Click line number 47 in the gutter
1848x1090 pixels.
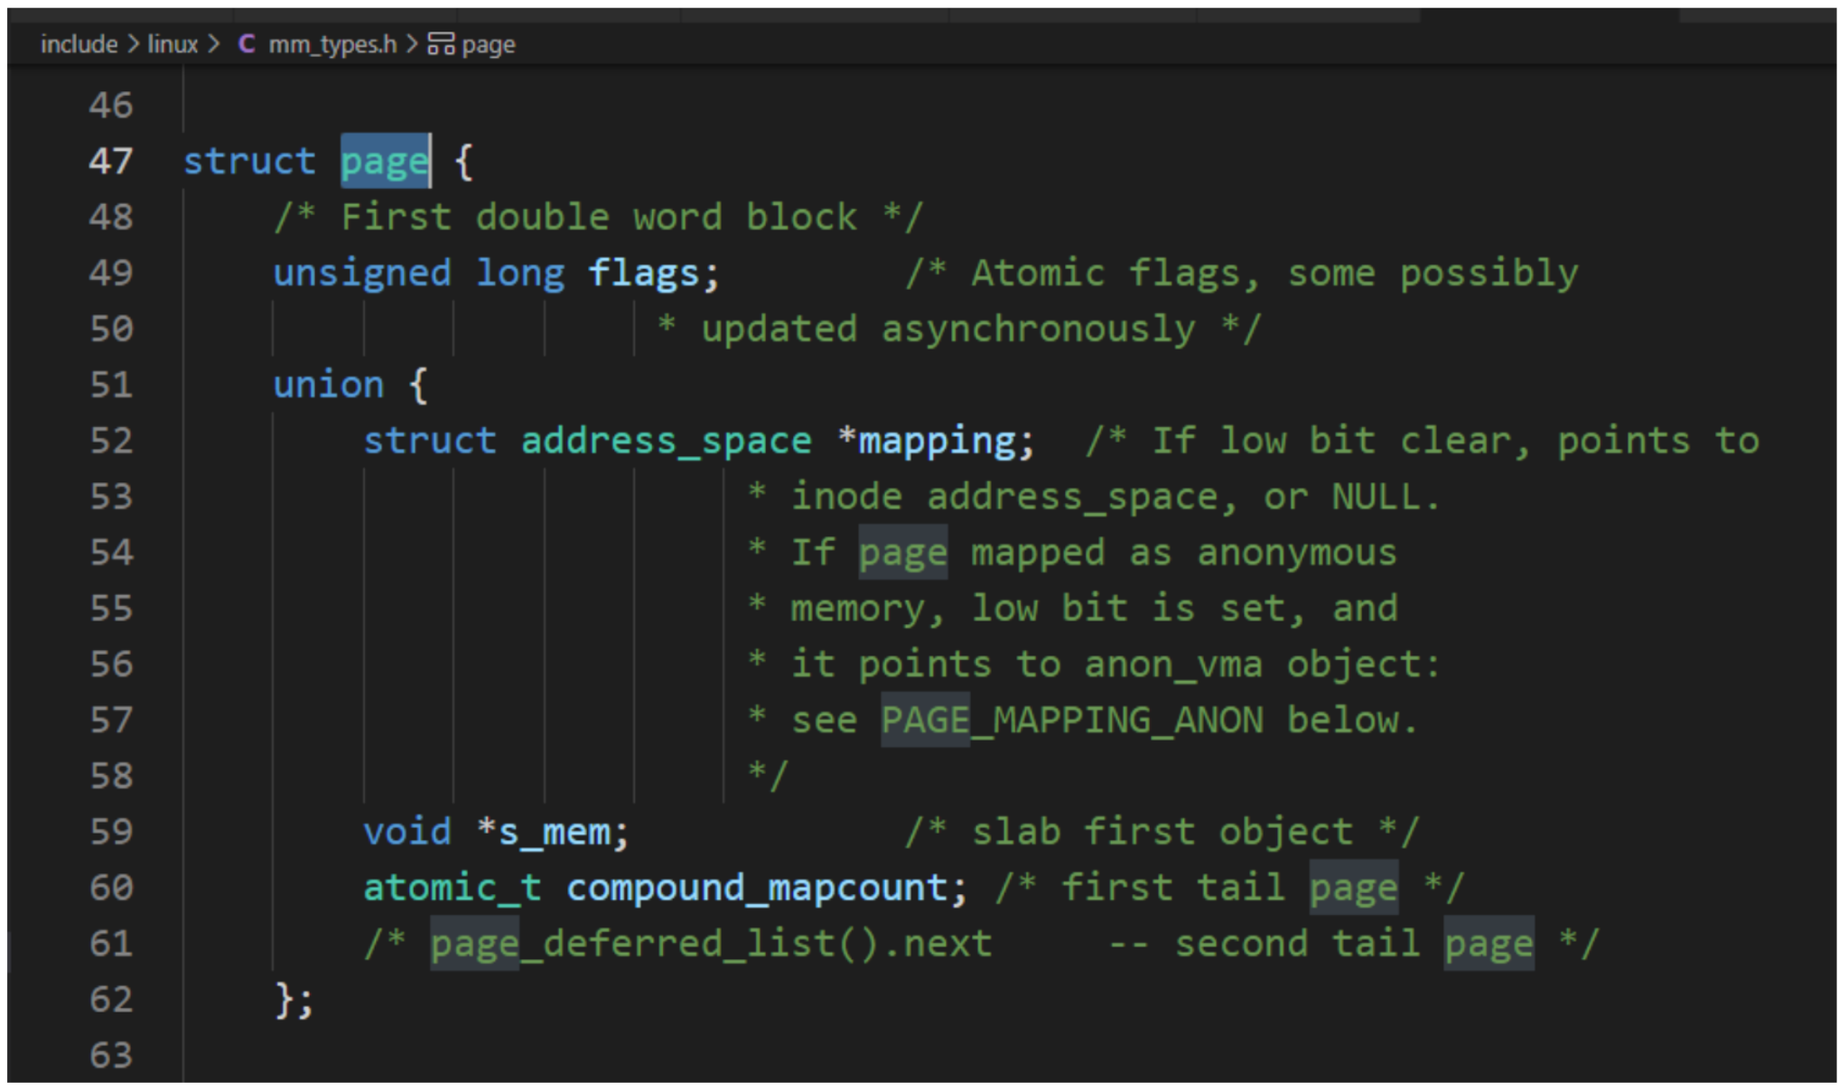pyautogui.click(x=111, y=162)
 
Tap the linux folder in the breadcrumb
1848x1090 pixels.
pyautogui.click(x=173, y=44)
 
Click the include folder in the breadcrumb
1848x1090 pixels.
pyautogui.click(x=79, y=44)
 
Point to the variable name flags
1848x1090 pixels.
pyautogui.click(x=643, y=274)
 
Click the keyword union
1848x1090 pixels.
pyautogui.click(x=329, y=385)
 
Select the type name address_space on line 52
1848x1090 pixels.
pyautogui.click(x=667, y=442)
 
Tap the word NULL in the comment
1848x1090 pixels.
pyautogui.click(x=1375, y=497)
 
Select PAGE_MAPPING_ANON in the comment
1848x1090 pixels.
pyautogui.click(x=1072, y=721)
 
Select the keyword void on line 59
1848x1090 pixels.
pyautogui.click(x=407, y=832)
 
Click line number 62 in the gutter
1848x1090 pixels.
pyautogui.click(x=111, y=1000)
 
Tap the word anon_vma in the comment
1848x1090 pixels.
pyautogui.click(x=1173, y=666)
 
